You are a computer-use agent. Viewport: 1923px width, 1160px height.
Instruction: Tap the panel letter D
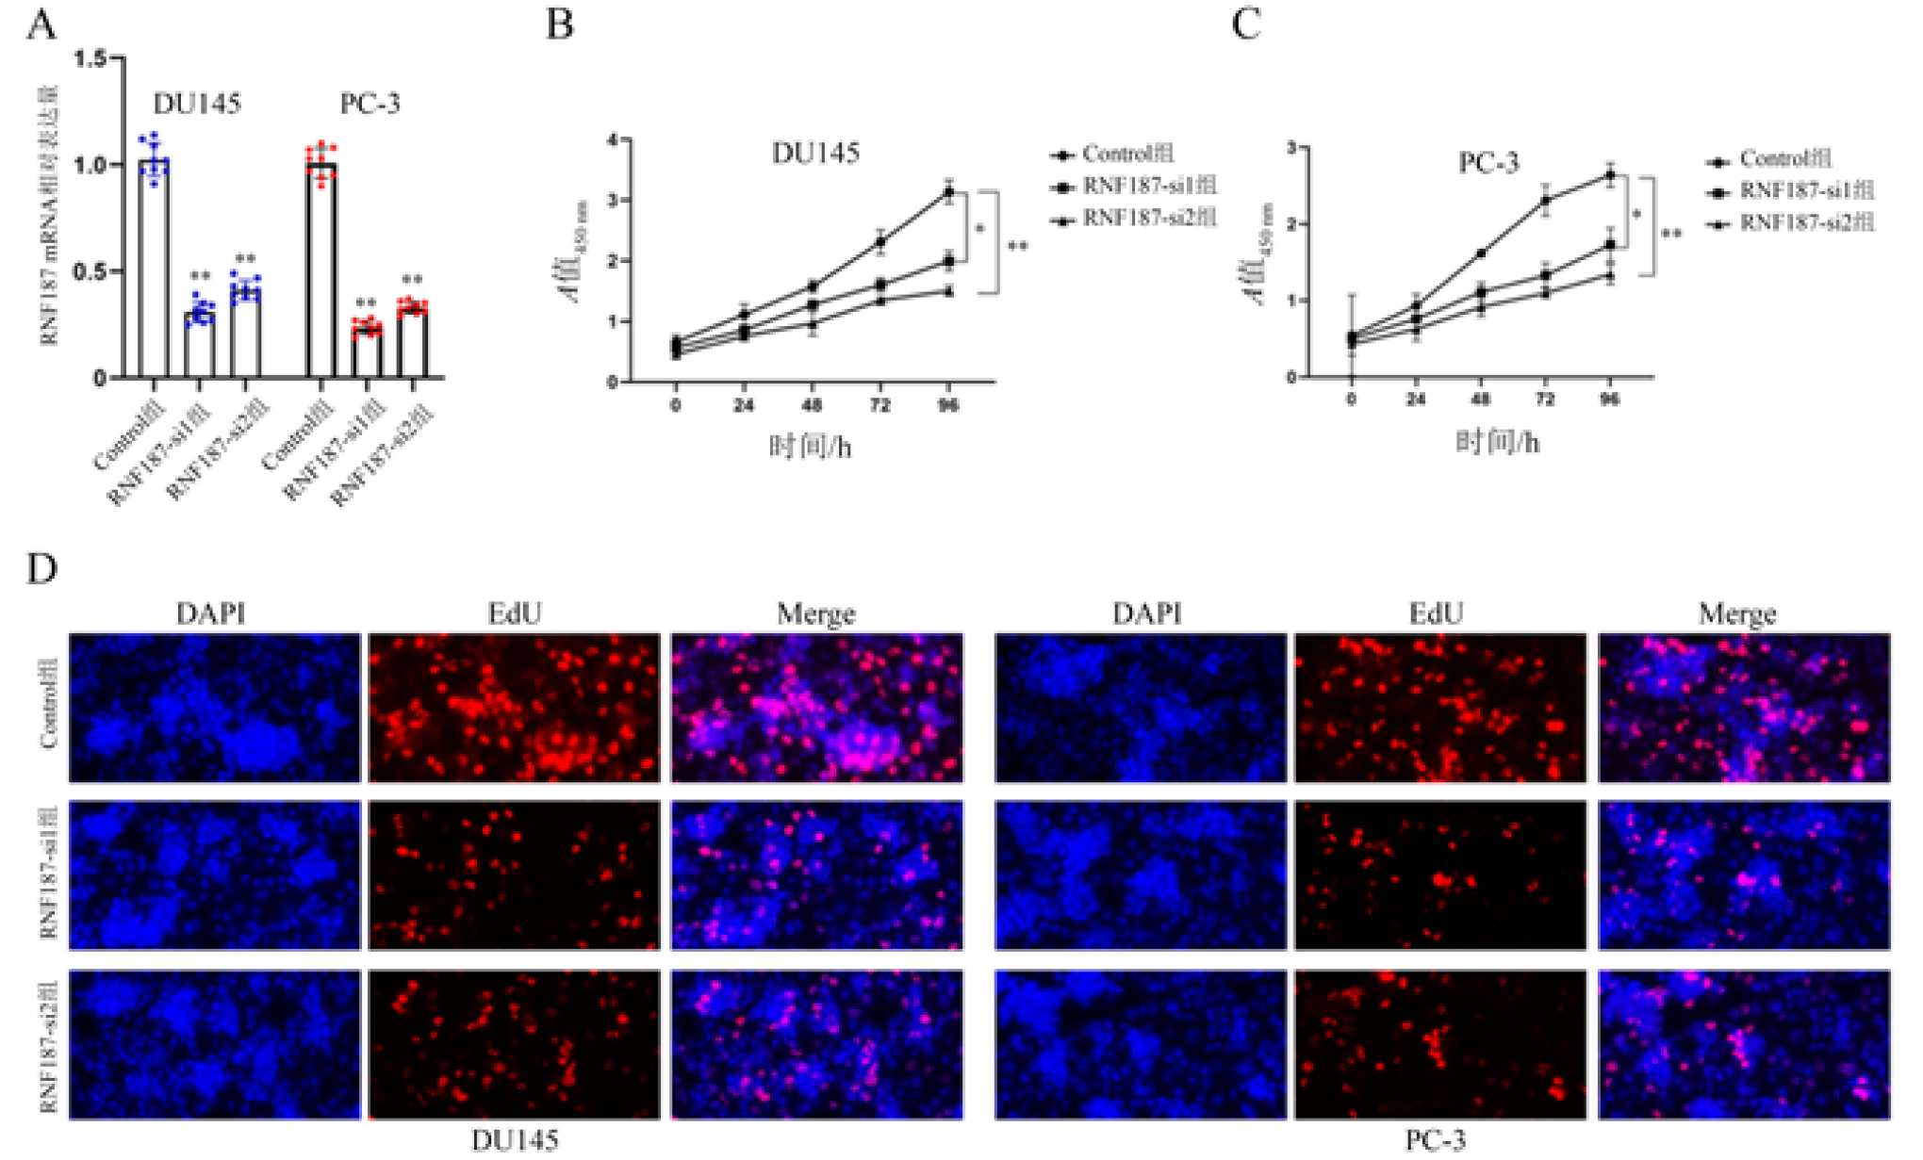tap(41, 569)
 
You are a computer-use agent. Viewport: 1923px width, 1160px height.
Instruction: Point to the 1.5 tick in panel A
tap(91, 59)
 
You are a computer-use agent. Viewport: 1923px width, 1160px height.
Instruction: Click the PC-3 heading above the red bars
tap(370, 104)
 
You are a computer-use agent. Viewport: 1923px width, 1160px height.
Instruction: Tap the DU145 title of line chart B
tap(815, 153)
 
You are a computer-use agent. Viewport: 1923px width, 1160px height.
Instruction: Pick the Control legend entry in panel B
tap(1126, 155)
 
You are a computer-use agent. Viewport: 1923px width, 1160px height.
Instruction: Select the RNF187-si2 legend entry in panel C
tap(1805, 223)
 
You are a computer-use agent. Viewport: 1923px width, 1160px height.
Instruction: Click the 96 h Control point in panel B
tap(949, 192)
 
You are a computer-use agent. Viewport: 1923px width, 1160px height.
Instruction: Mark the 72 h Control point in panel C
tap(1545, 200)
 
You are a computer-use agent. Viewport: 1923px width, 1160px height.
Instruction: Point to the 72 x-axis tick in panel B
tap(879, 405)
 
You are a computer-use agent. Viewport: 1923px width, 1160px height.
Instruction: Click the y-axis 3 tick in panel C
tap(1291, 148)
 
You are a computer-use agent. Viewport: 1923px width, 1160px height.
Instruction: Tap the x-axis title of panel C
tap(1497, 442)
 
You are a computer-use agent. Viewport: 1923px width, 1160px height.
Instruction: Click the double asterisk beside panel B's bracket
tap(1018, 247)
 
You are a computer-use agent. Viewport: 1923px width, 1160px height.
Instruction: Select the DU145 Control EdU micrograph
tap(514, 708)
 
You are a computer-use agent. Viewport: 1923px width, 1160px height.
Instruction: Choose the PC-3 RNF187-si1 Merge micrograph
tap(1744, 875)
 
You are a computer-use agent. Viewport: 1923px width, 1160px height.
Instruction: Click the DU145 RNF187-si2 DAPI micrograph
tap(215, 1044)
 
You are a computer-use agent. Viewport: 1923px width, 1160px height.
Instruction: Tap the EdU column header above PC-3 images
tap(1436, 614)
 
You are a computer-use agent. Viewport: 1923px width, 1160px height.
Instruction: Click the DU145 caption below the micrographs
tap(515, 1140)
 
